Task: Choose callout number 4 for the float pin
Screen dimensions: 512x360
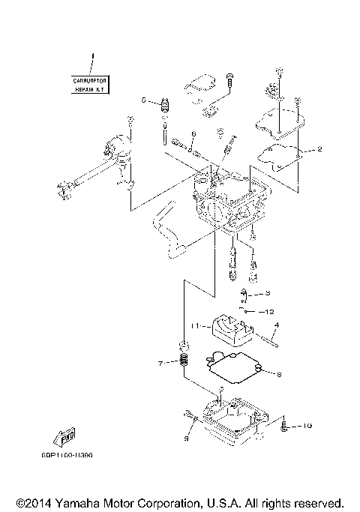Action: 276,325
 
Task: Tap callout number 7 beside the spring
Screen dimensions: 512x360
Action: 160,364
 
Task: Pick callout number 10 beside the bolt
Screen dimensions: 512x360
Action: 307,426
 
